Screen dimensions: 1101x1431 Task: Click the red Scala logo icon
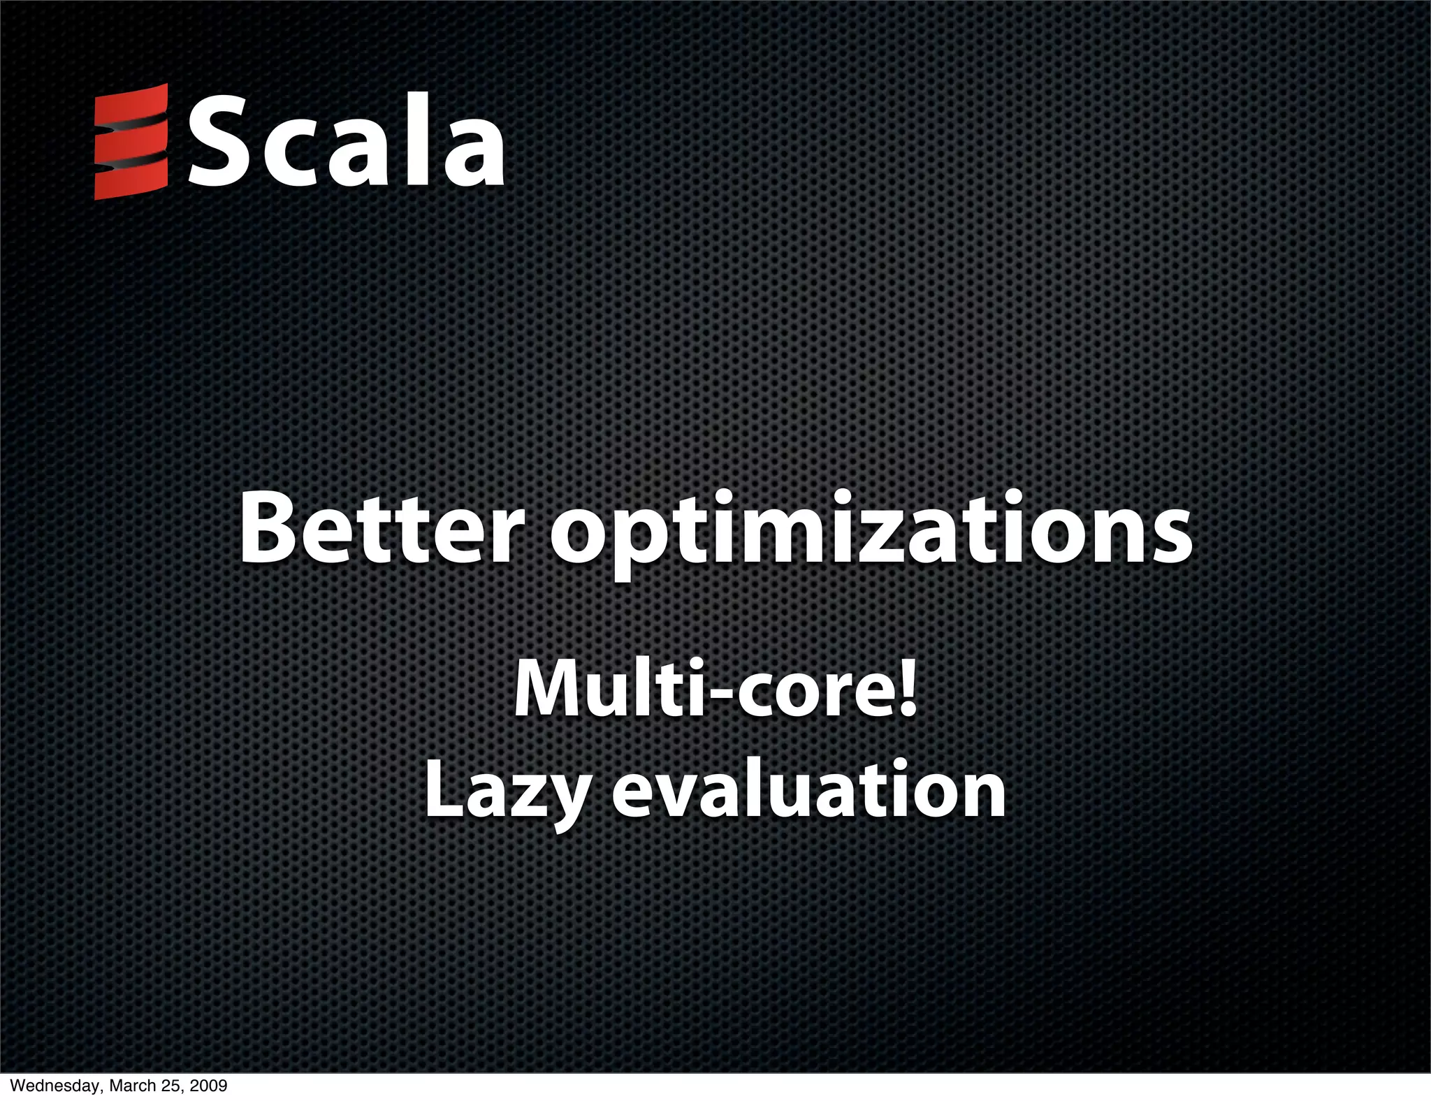click(x=131, y=142)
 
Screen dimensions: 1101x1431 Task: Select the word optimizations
click(x=871, y=532)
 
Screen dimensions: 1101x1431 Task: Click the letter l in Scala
click(x=414, y=140)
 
